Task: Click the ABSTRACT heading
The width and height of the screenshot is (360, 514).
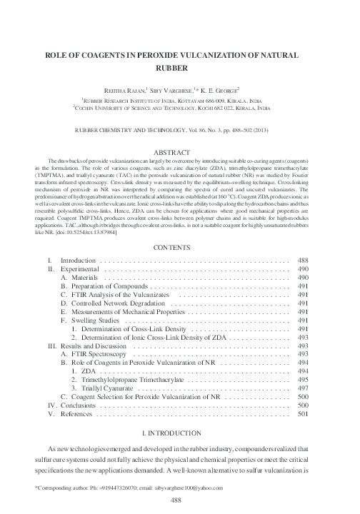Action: click(180, 152)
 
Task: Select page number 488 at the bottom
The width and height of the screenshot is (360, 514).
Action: click(180, 502)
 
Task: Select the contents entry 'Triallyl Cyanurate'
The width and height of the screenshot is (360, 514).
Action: click(114, 382)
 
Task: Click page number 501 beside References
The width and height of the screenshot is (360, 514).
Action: click(302, 413)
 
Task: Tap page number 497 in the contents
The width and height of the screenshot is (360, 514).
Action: click(302, 382)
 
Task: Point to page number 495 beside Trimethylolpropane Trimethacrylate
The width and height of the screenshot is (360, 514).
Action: click(302, 373)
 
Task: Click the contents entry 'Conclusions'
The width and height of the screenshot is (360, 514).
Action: click(80, 404)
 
